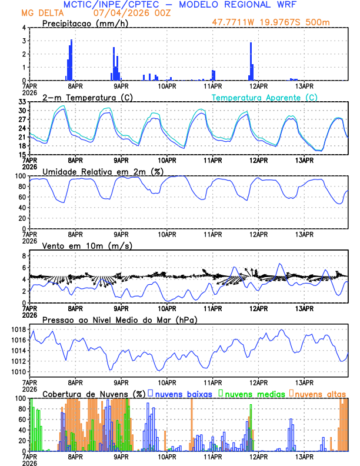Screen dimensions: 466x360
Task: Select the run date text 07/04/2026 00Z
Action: (131, 12)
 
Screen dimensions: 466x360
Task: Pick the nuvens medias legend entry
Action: (249, 393)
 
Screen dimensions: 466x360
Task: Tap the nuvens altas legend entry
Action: (318, 393)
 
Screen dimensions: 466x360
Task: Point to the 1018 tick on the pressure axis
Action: (18, 329)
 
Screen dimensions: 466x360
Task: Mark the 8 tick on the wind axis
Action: (24, 256)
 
